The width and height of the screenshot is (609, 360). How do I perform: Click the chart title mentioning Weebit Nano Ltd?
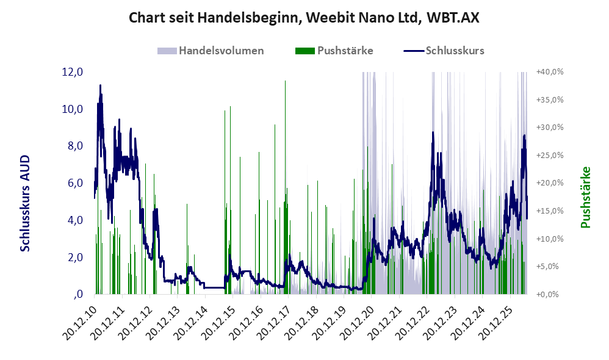[x=304, y=18]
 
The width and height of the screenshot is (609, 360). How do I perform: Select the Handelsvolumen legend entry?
[x=211, y=51]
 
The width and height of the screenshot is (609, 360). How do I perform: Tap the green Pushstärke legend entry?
[x=334, y=51]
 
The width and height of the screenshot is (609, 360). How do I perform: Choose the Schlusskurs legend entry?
[x=444, y=51]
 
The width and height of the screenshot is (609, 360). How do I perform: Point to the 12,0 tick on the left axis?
[x=72, y=72]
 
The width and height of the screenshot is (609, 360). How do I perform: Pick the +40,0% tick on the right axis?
[x=550, y=72]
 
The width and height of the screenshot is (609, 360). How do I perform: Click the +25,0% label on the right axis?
[x=550, y=156]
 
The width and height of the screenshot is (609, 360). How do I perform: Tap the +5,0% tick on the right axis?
[x=552, y=267]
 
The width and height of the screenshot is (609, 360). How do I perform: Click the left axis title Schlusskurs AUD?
[x=25, y=203]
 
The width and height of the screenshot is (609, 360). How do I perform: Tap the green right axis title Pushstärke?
[x=585, y=197]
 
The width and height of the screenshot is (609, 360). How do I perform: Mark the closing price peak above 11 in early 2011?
[x=100, y=85]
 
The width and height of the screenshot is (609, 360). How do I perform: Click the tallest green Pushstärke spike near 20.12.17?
[x=286, y=81]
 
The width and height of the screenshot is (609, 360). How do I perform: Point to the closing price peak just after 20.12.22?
[x=433, y=132]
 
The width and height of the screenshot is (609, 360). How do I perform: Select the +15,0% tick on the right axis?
[x=550, y=211]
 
